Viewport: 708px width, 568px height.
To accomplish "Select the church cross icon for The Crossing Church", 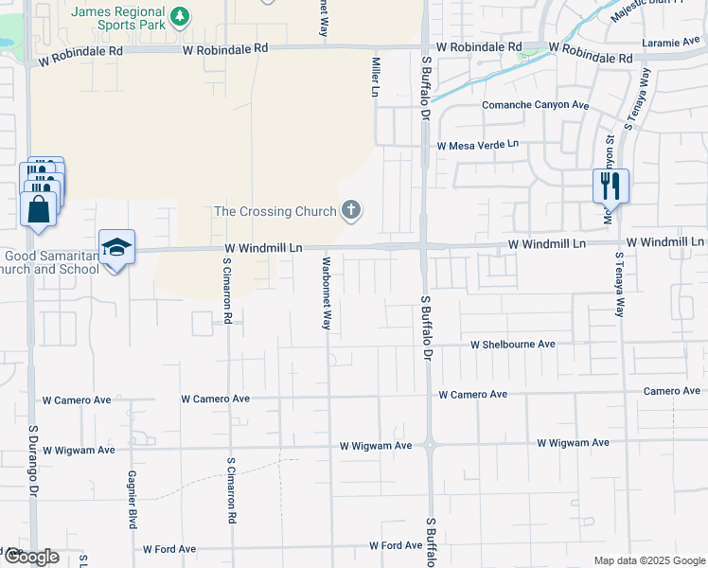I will point(351,210).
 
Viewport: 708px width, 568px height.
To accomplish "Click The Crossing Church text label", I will point(276,211).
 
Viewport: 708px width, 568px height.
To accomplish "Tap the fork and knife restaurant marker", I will point(611,185).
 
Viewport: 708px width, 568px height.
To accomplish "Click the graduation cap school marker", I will point(117,248).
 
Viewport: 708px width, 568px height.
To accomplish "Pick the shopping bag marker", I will point(39,208).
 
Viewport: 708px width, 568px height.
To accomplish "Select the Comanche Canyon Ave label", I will point(536,105).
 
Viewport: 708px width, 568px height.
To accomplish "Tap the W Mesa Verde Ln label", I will point(478,145).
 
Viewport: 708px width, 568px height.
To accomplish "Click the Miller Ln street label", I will point(376,77).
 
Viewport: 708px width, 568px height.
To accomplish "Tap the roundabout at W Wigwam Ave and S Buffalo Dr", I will point(429,443).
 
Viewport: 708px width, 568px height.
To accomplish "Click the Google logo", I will point(31,557).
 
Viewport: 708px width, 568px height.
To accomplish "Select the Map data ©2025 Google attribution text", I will point(648,559).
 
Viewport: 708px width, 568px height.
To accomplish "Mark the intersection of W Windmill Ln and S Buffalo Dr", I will point(423,245).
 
